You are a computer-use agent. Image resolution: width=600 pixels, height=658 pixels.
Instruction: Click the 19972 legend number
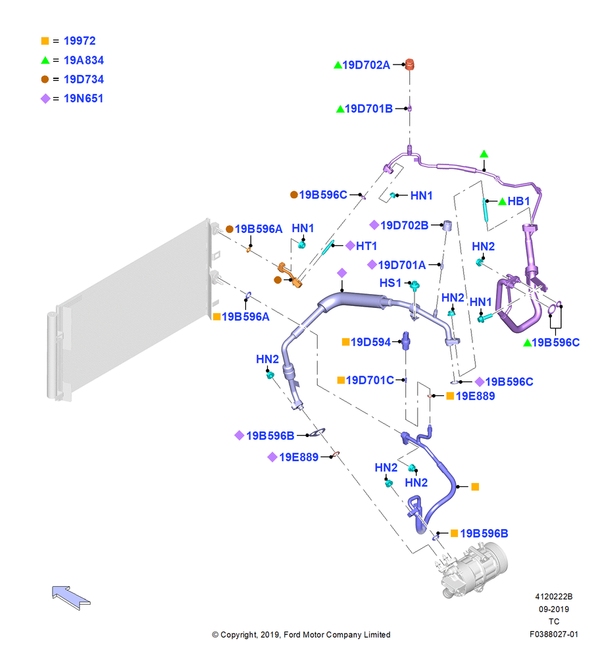(x=80, y=41)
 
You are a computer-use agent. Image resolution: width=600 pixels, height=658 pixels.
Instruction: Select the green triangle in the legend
(x=45, y=60)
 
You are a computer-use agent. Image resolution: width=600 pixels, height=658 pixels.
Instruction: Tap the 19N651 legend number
(x=83, y=98)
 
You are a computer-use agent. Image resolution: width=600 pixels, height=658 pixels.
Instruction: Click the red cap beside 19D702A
(x=409, y=64)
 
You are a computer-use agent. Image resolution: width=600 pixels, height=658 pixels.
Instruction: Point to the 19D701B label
(x=369, y=109)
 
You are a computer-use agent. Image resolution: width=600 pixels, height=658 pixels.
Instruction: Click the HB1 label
(x=518, y=201)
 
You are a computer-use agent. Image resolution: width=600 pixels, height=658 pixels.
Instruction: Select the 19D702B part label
(x=404, y=225)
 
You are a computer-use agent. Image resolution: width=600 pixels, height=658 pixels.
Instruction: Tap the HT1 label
(x=366, y=246)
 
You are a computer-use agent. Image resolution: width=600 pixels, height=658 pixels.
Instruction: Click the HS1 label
(x=390, y=283)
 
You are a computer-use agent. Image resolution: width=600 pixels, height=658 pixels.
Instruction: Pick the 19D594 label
(x=371, y=342)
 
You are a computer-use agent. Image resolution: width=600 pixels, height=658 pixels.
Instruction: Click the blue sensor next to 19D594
(x=406, y=341)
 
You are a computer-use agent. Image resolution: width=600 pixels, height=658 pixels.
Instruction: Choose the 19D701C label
(x=370, y=380)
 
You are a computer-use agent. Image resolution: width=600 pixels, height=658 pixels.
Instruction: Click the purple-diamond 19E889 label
(x=299, y=457)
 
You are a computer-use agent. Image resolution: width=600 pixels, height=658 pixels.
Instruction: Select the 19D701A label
(x=402, y=265)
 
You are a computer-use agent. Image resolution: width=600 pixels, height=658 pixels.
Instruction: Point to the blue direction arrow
(x=71, y=597)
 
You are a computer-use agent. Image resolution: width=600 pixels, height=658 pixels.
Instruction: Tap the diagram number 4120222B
(x=554, y=597)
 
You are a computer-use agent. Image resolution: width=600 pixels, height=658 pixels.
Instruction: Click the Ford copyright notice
(x=301, y=634)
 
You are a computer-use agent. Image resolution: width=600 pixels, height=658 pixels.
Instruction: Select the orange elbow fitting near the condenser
(x=290, y=274)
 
